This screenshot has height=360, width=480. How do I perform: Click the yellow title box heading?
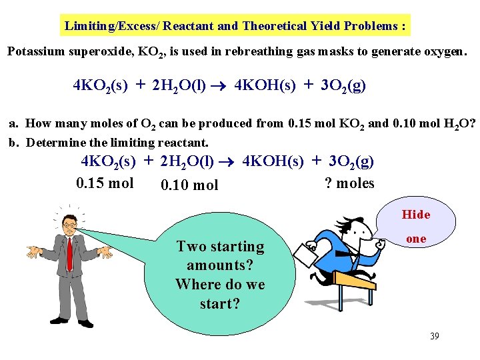tap(235, 26)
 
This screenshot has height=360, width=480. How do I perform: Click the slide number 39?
tap(434, 336)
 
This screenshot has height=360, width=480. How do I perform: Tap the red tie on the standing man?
tap(69, 253)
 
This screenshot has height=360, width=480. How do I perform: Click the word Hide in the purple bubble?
tap(415, 215)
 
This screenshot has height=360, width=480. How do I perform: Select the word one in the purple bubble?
tap(415, 239)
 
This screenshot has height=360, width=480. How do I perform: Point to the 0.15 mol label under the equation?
tap(105, 183)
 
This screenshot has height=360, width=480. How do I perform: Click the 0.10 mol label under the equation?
tap(189, 185)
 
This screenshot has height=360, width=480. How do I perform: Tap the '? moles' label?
tap(349, 183)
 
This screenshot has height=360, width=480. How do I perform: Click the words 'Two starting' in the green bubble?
tap(220, 246)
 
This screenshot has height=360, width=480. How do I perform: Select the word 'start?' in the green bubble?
tap(220, 304)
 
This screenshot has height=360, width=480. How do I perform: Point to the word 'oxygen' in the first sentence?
tap(439, 52)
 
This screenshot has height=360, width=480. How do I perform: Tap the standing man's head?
tap(69, 225)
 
